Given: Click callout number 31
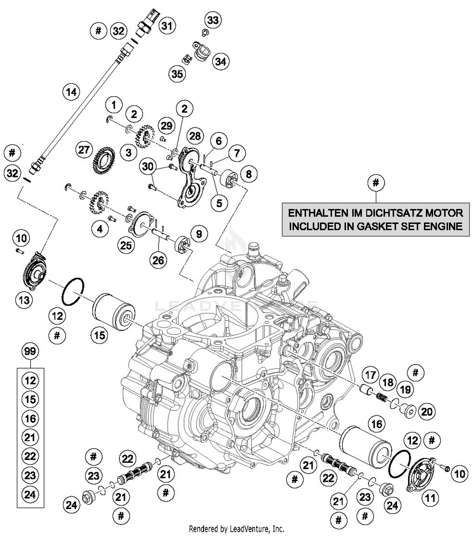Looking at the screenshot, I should [x=167, y=25].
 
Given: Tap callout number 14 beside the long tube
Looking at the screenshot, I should [x=71, y=92].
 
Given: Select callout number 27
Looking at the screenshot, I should [x=84, y=150].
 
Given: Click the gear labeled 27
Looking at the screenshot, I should [x=104, y=161].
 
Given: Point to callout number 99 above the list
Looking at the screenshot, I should [x=30, y=351].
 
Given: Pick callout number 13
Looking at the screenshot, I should [x=24, y=300].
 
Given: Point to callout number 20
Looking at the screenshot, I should [x=427, y=412].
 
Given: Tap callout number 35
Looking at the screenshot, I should [x=177, y=74].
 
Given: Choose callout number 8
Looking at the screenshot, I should [x=249, y=174].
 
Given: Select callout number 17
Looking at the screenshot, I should [x=370, y=375].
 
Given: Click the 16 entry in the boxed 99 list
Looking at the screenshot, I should [x=30, y=418].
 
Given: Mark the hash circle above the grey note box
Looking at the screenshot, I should [x=376, y=182].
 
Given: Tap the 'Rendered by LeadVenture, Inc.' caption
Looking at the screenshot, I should [x=236, y=528].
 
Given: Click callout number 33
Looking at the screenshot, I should [x=213, y=20].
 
